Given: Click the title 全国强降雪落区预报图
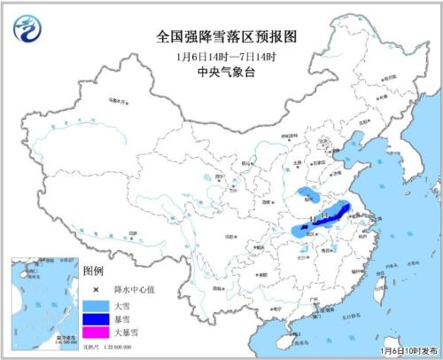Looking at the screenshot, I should [x=221, y=37].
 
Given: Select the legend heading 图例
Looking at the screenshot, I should [x=93, y=270].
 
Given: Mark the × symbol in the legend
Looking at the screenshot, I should [x=92, y=288].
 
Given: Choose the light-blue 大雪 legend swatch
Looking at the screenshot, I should [x=92, y=305].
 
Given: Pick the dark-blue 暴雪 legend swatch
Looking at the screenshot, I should [x=92, y=319].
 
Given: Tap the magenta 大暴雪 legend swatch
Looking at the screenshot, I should [x=92, y=333].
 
